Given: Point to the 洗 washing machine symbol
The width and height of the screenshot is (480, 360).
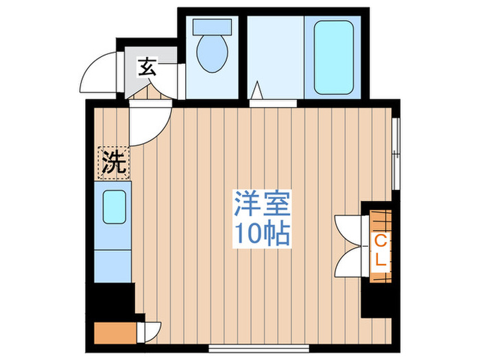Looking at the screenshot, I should [x=114, y=163].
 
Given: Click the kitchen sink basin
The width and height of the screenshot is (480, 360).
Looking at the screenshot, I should [x=115, y=207].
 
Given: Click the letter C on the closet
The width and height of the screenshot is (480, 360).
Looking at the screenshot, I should [x=380, y=241].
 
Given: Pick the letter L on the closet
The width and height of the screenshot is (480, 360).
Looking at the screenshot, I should [x=380, y=261].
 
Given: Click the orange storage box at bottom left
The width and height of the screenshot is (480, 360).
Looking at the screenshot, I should [x=113, y=333].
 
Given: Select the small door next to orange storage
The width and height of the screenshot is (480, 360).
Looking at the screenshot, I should [x=149, y=331].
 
